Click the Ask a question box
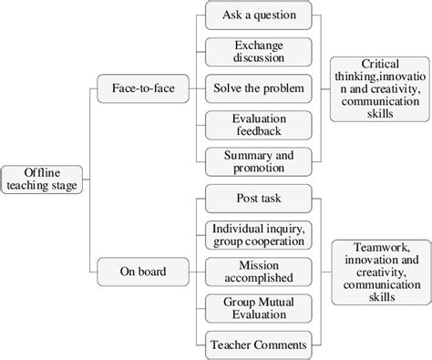click(x=259, y=15)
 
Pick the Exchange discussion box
click(x=259, y=51)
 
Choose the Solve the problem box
click(x=259, y=88)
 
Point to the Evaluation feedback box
click(x=259, y=125)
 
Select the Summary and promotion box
click(x=259, y=161)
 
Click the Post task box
click(x=259, y=197)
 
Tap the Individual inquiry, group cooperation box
click(x=259, y=233)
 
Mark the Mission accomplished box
click(x=259, y=270)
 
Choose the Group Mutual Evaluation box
click(x=259, y=306)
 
